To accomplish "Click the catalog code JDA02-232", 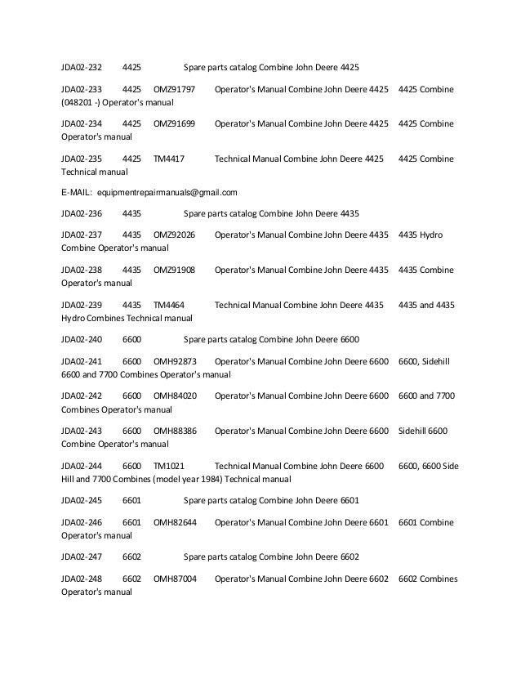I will coord(82,66).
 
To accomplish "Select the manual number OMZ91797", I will coord(175,88).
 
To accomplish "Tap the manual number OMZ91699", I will coord(175,123).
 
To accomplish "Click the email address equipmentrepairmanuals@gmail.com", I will coord(167,194).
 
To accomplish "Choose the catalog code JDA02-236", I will coord(82,215).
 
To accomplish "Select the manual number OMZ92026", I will coord(175,235).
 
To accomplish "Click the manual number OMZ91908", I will coord(175,270).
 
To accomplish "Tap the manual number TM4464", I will coord(169,305).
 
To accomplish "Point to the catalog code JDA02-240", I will coord(82,339).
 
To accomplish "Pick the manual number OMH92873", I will coord(176,360).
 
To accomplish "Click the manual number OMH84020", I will coord(176,395).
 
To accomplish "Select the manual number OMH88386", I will coord(176,430).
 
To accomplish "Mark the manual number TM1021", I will coord(169,465).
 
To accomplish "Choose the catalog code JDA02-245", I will coord(82,499).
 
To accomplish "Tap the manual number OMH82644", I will coord(176,520).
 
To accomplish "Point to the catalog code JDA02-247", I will coord(82,555).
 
